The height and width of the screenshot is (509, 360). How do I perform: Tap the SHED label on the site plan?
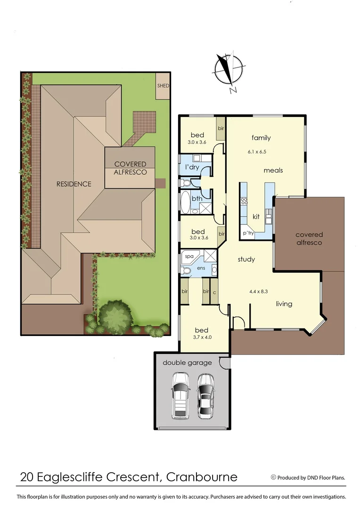tap(163, 86)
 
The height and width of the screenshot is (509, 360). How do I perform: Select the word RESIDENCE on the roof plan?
tap(74, 184)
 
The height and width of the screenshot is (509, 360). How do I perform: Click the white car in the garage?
tap(180, 395)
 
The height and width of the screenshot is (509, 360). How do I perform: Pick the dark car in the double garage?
tap(205, 395)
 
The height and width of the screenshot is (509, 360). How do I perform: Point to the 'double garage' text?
tap(187, 362)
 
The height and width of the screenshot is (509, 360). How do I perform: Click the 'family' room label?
tap(261, 138)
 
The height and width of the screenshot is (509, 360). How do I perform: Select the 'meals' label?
tap(273, 170)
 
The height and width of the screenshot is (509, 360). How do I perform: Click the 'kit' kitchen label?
tap(256, 217)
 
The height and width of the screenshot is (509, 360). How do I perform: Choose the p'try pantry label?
tap(248, 233)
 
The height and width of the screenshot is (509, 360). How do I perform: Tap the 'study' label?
tap(246, 259)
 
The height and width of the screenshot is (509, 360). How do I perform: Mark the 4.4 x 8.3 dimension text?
tap(259, 291)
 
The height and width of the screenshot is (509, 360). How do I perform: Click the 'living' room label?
tap(284, 304)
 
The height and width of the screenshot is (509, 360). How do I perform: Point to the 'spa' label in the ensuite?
tap(189, 256)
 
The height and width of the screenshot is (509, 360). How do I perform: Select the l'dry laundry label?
tap(192, 167)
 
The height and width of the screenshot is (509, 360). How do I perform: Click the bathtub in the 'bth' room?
tap(185, 202)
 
